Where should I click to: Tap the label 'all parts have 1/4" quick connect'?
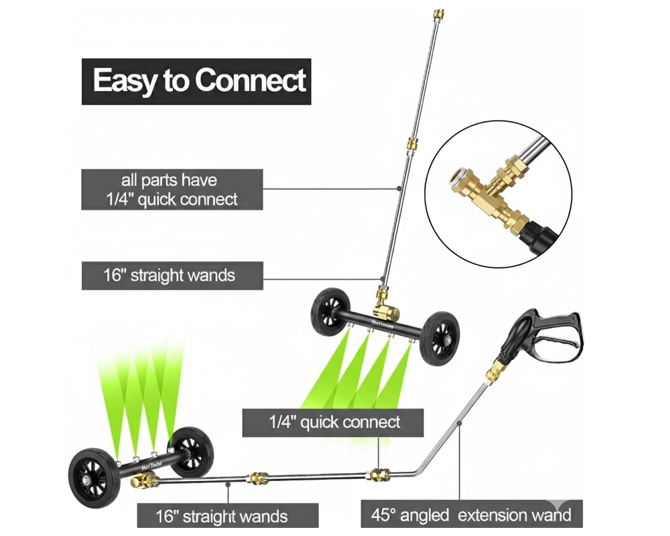(x=172, y=190)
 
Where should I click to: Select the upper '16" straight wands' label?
(x=172, y=275)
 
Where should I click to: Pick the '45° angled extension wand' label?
(x=471, y=515)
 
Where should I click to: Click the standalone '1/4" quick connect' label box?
(x=333, y=422)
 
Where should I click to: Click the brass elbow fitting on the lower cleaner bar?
(x=143, y=481)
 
